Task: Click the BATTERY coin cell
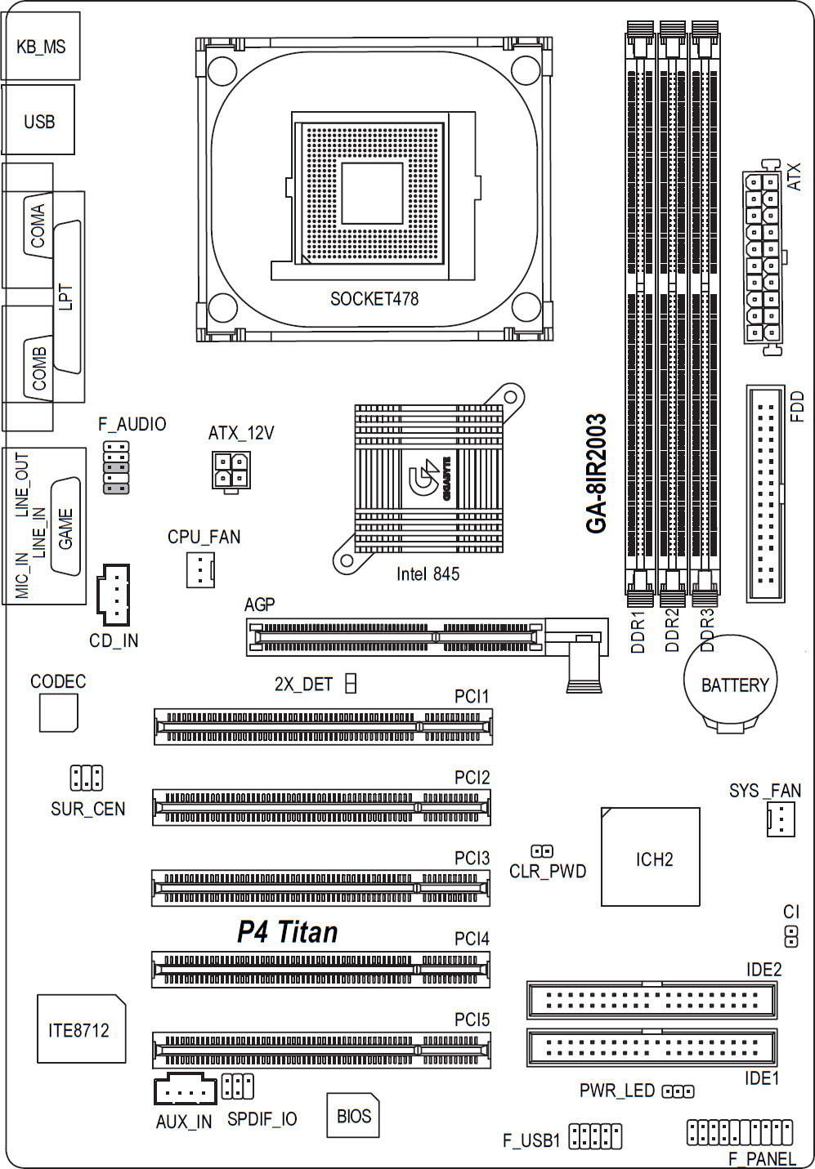(x=731, y=685)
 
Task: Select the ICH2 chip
(x=651, y=857)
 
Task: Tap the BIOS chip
(x=353, y=1115)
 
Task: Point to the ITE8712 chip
(x=82, y=1028)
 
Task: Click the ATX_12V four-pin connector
(x=231, y=472)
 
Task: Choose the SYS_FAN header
(x=781, y=819)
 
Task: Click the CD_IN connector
(x=113, y=595)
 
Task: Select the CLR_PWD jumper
(x=542, y=851)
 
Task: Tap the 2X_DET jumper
(x=351, y=683)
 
